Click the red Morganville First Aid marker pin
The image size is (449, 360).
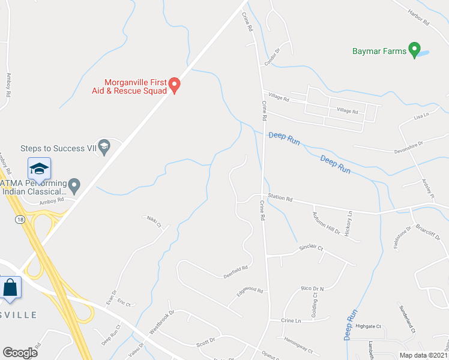174,86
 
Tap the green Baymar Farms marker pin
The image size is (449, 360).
414,50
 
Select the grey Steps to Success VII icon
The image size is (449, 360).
104,147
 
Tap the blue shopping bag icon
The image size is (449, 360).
10,287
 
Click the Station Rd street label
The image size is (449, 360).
280,197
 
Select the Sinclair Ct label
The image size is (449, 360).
312,248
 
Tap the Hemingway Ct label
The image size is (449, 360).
299,345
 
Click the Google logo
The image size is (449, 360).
20,353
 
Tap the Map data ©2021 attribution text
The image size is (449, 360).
424,355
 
